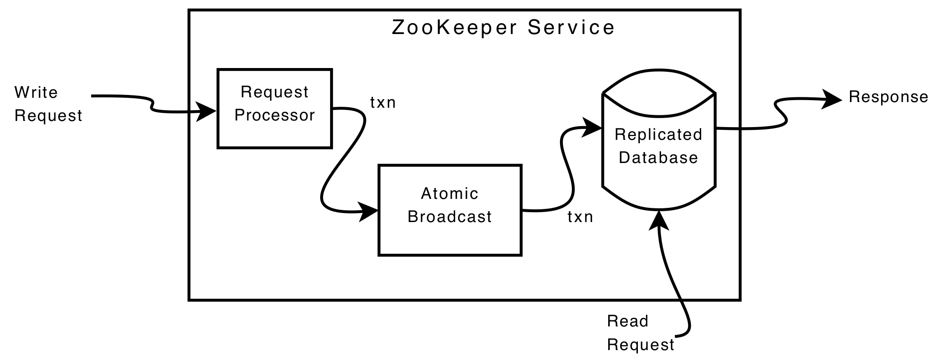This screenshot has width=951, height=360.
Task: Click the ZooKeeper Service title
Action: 503,27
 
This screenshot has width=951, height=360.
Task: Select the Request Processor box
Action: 274,108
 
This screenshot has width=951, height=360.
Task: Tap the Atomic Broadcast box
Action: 450,210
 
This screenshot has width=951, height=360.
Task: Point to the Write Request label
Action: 48,103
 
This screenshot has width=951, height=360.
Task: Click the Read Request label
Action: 640,333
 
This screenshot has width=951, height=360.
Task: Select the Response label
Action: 888,97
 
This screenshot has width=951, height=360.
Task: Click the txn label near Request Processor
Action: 382,103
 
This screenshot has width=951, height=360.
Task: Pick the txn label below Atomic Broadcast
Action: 580,217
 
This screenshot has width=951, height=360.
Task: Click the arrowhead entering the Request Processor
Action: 207,111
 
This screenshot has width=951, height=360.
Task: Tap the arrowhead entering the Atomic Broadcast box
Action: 368,211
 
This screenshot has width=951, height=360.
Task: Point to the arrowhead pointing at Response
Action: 831,99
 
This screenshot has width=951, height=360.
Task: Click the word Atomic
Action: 450,193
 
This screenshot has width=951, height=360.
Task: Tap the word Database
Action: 658,158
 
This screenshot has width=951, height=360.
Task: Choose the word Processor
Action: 274,115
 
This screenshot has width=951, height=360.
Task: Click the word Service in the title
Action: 571,27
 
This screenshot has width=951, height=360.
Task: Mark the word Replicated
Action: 658,135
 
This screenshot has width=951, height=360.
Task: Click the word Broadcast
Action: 450,217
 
